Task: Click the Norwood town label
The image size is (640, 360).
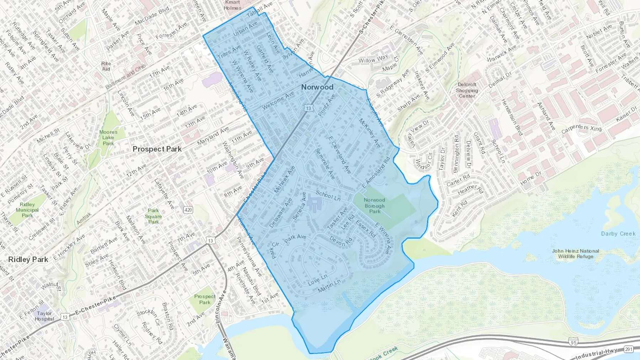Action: (317, 87)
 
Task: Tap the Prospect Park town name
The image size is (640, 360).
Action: (157, 149)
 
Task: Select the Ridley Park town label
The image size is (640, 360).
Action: (28, 259)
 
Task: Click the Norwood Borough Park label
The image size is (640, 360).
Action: (374, 205)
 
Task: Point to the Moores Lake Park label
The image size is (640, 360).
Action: (108, 138)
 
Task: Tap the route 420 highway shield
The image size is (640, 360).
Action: (188, 210)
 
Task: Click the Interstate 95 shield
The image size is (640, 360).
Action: (573, 343)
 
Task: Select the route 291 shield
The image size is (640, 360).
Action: (628, 349)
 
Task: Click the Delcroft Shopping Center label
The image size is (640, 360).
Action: (467, 90)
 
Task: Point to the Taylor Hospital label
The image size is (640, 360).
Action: (44, 316)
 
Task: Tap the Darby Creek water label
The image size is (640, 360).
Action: (618, 233)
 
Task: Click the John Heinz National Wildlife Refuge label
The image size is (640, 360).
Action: (575, 253)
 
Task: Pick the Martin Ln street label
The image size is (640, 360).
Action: (329, 286)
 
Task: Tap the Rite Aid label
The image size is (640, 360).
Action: (106, 66)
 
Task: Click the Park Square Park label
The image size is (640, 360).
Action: (153, 216)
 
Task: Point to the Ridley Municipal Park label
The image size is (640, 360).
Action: (27, 210)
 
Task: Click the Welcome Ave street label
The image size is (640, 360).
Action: (278, 100)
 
